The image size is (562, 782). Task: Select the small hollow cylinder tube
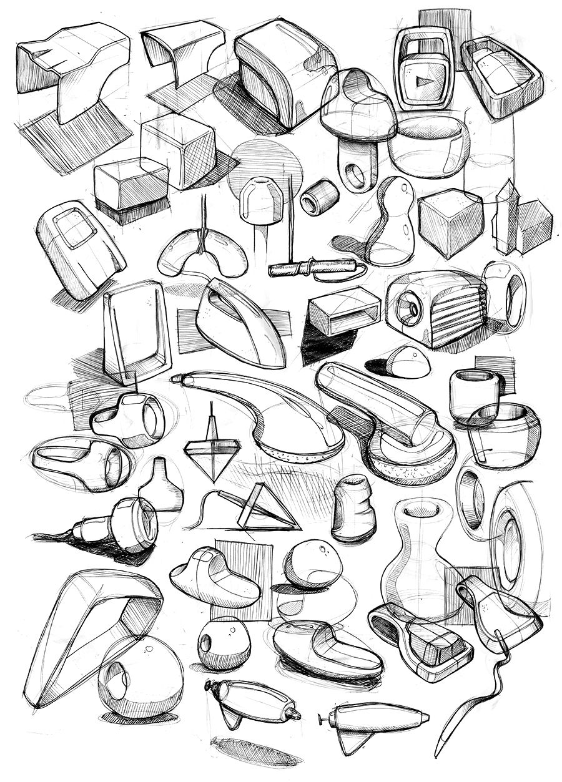(319, 198)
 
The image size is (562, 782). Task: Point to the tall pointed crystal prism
(505, 215)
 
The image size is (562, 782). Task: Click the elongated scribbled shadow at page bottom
(256, 751)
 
